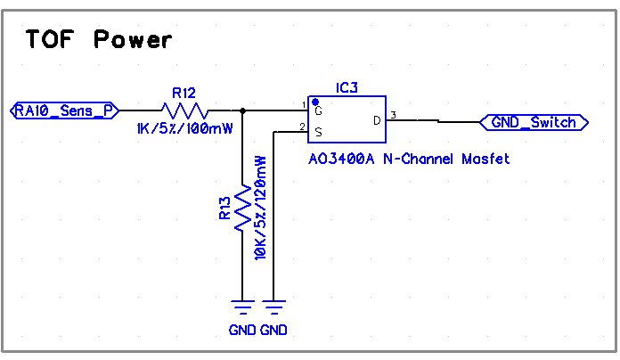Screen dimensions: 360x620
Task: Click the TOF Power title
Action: pyautogui.click(x=98, y=39)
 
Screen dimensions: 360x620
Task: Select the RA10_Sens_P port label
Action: pyautogui.click(x=65, y=110)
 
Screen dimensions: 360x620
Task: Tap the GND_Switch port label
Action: pyautogui.click(x=534, y=122)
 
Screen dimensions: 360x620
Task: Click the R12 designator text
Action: pyautogui.click(x=184, y=92)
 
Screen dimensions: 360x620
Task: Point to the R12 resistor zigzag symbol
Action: pyautogui.click(x=185, y=110)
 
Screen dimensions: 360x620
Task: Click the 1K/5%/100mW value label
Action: pyautogui.click(x=185, y=129)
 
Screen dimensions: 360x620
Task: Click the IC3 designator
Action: pyautogui.click(x=347, y=87)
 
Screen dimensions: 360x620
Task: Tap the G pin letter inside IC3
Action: pyautogui.click(x=318, y=111)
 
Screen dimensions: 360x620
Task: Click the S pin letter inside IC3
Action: pyautogui.click(x=318, y=131)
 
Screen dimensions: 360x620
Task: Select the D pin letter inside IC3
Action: pyautogui.click(x=376, y=120)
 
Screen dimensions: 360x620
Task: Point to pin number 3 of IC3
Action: pyautogui.click(x=393, y=115)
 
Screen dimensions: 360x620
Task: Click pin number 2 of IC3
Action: pyautogui.click(x=303, y=127)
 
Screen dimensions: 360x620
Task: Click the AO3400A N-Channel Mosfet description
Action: pyautogui.click(x=408, y=159)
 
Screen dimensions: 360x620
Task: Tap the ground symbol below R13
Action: pyautogui.click(x=242, y=308)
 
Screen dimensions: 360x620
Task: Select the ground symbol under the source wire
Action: pyautogui.click(x=274, y=308)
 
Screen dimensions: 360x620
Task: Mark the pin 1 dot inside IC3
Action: pyautogui.click(x=315, y=102)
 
